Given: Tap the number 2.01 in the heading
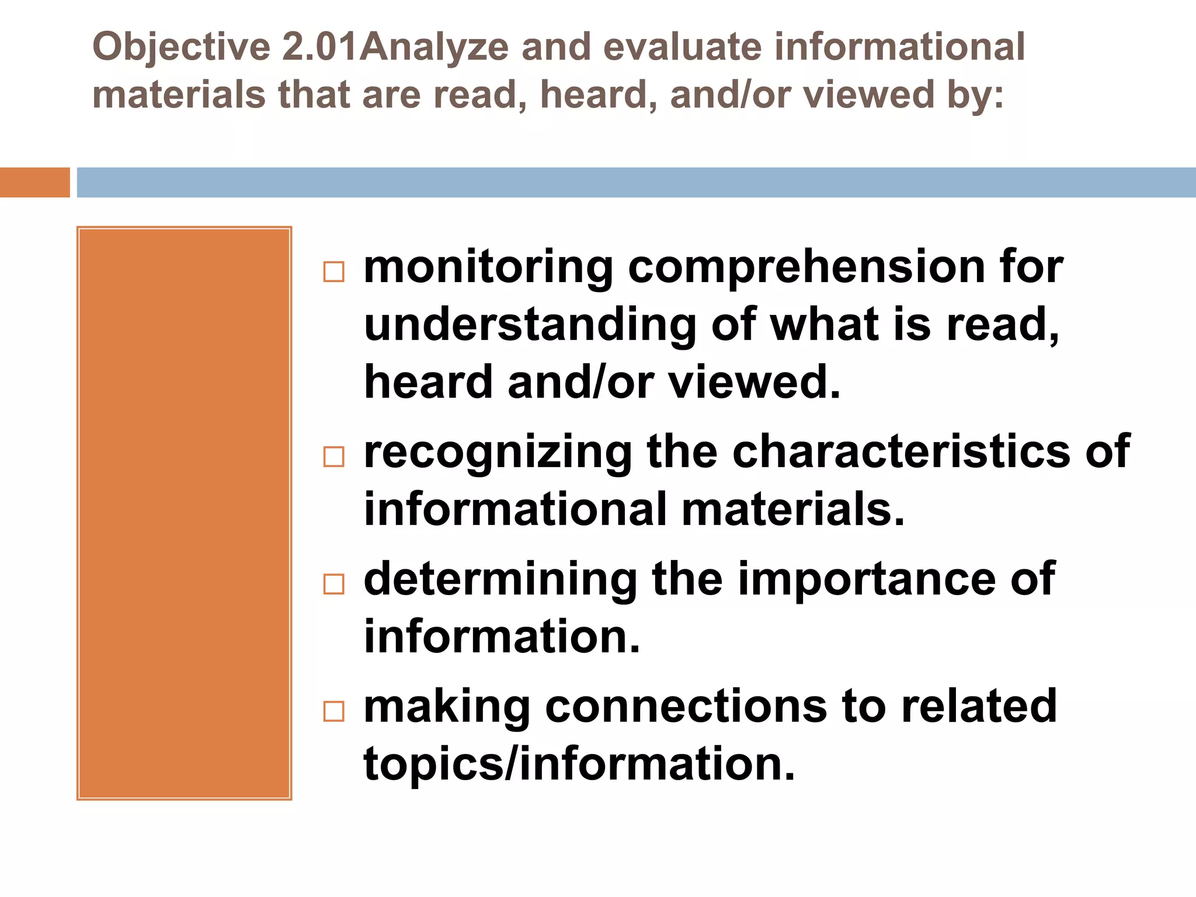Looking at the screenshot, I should [x=319, y=47].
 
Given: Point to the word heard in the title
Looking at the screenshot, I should [x=592, y=95].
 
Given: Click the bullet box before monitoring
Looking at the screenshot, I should [x=333, y=272].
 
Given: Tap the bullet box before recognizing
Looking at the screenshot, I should [x=333, y=457].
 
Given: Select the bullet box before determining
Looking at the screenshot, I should [x=333, y=584].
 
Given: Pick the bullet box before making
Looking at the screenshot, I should [x=333, y=711].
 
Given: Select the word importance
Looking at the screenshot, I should [x=867, y=579].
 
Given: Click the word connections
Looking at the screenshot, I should [x=686, y=707].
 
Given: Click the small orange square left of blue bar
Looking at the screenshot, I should [x=34, y=182].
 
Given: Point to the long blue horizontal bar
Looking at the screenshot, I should [x=636, y=182].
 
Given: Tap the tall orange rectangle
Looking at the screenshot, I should [x=184, y=513].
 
